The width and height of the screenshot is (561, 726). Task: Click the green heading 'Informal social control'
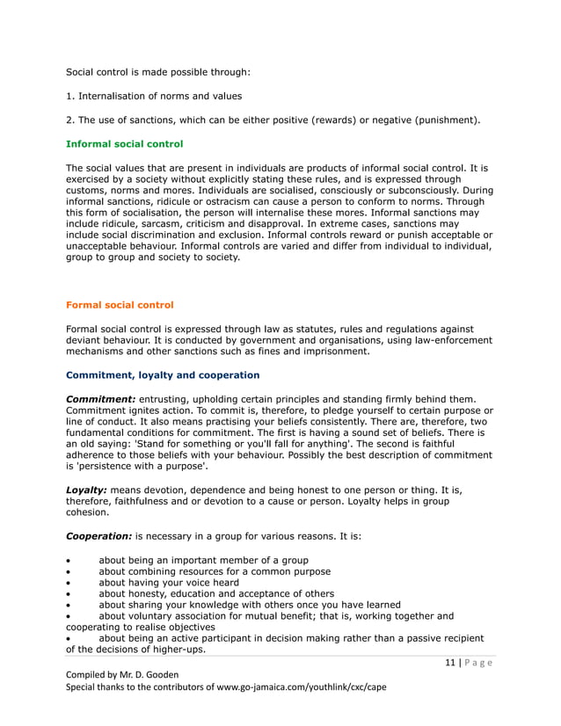point(124,143)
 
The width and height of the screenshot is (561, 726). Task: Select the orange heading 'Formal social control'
point(120,305)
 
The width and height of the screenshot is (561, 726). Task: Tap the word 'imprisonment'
point(335,352)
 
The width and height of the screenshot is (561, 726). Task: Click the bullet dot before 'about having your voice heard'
point(69,583)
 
